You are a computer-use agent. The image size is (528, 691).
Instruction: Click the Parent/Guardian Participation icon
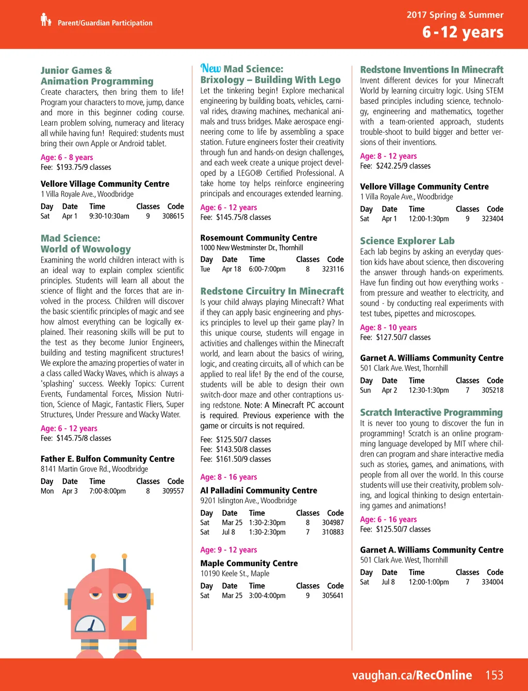[x=46, y=20]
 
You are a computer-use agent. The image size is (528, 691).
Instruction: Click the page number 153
[x=494, y=675]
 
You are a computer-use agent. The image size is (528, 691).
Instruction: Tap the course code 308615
[x=173, y=216]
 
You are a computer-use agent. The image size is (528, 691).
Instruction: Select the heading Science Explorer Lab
[x=407, y=241]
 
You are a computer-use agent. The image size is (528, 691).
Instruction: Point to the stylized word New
[x=210, y=68]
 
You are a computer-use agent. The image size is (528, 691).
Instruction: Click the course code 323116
[x=333, y=269]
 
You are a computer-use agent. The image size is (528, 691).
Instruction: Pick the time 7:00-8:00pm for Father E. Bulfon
[x=107, y=491]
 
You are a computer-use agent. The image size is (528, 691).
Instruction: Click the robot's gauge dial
[x=90, y=624]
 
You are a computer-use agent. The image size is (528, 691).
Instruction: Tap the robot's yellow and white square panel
[x=128, y=623]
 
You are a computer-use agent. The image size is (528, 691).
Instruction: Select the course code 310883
[x=333, y=532]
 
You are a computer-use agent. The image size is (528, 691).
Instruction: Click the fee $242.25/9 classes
[x=395, y=166]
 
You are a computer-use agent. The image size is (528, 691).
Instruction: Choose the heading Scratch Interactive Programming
[x=431, y=412]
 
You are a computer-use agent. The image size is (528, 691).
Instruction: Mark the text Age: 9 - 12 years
[x=228, y=550]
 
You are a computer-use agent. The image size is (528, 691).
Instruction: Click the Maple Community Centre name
[x=249, y=564]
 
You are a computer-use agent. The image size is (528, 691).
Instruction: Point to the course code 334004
[x=492, y=582]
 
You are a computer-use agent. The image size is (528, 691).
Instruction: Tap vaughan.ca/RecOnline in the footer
[x=412, y=675]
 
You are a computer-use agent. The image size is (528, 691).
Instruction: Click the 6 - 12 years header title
[x=463, y=32]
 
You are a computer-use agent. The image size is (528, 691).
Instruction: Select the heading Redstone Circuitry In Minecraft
[x=272, y=291]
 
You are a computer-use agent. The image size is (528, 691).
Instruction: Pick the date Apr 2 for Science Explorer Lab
[x=389, y=390]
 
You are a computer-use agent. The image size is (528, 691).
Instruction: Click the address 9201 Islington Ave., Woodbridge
[x=249, y=501]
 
